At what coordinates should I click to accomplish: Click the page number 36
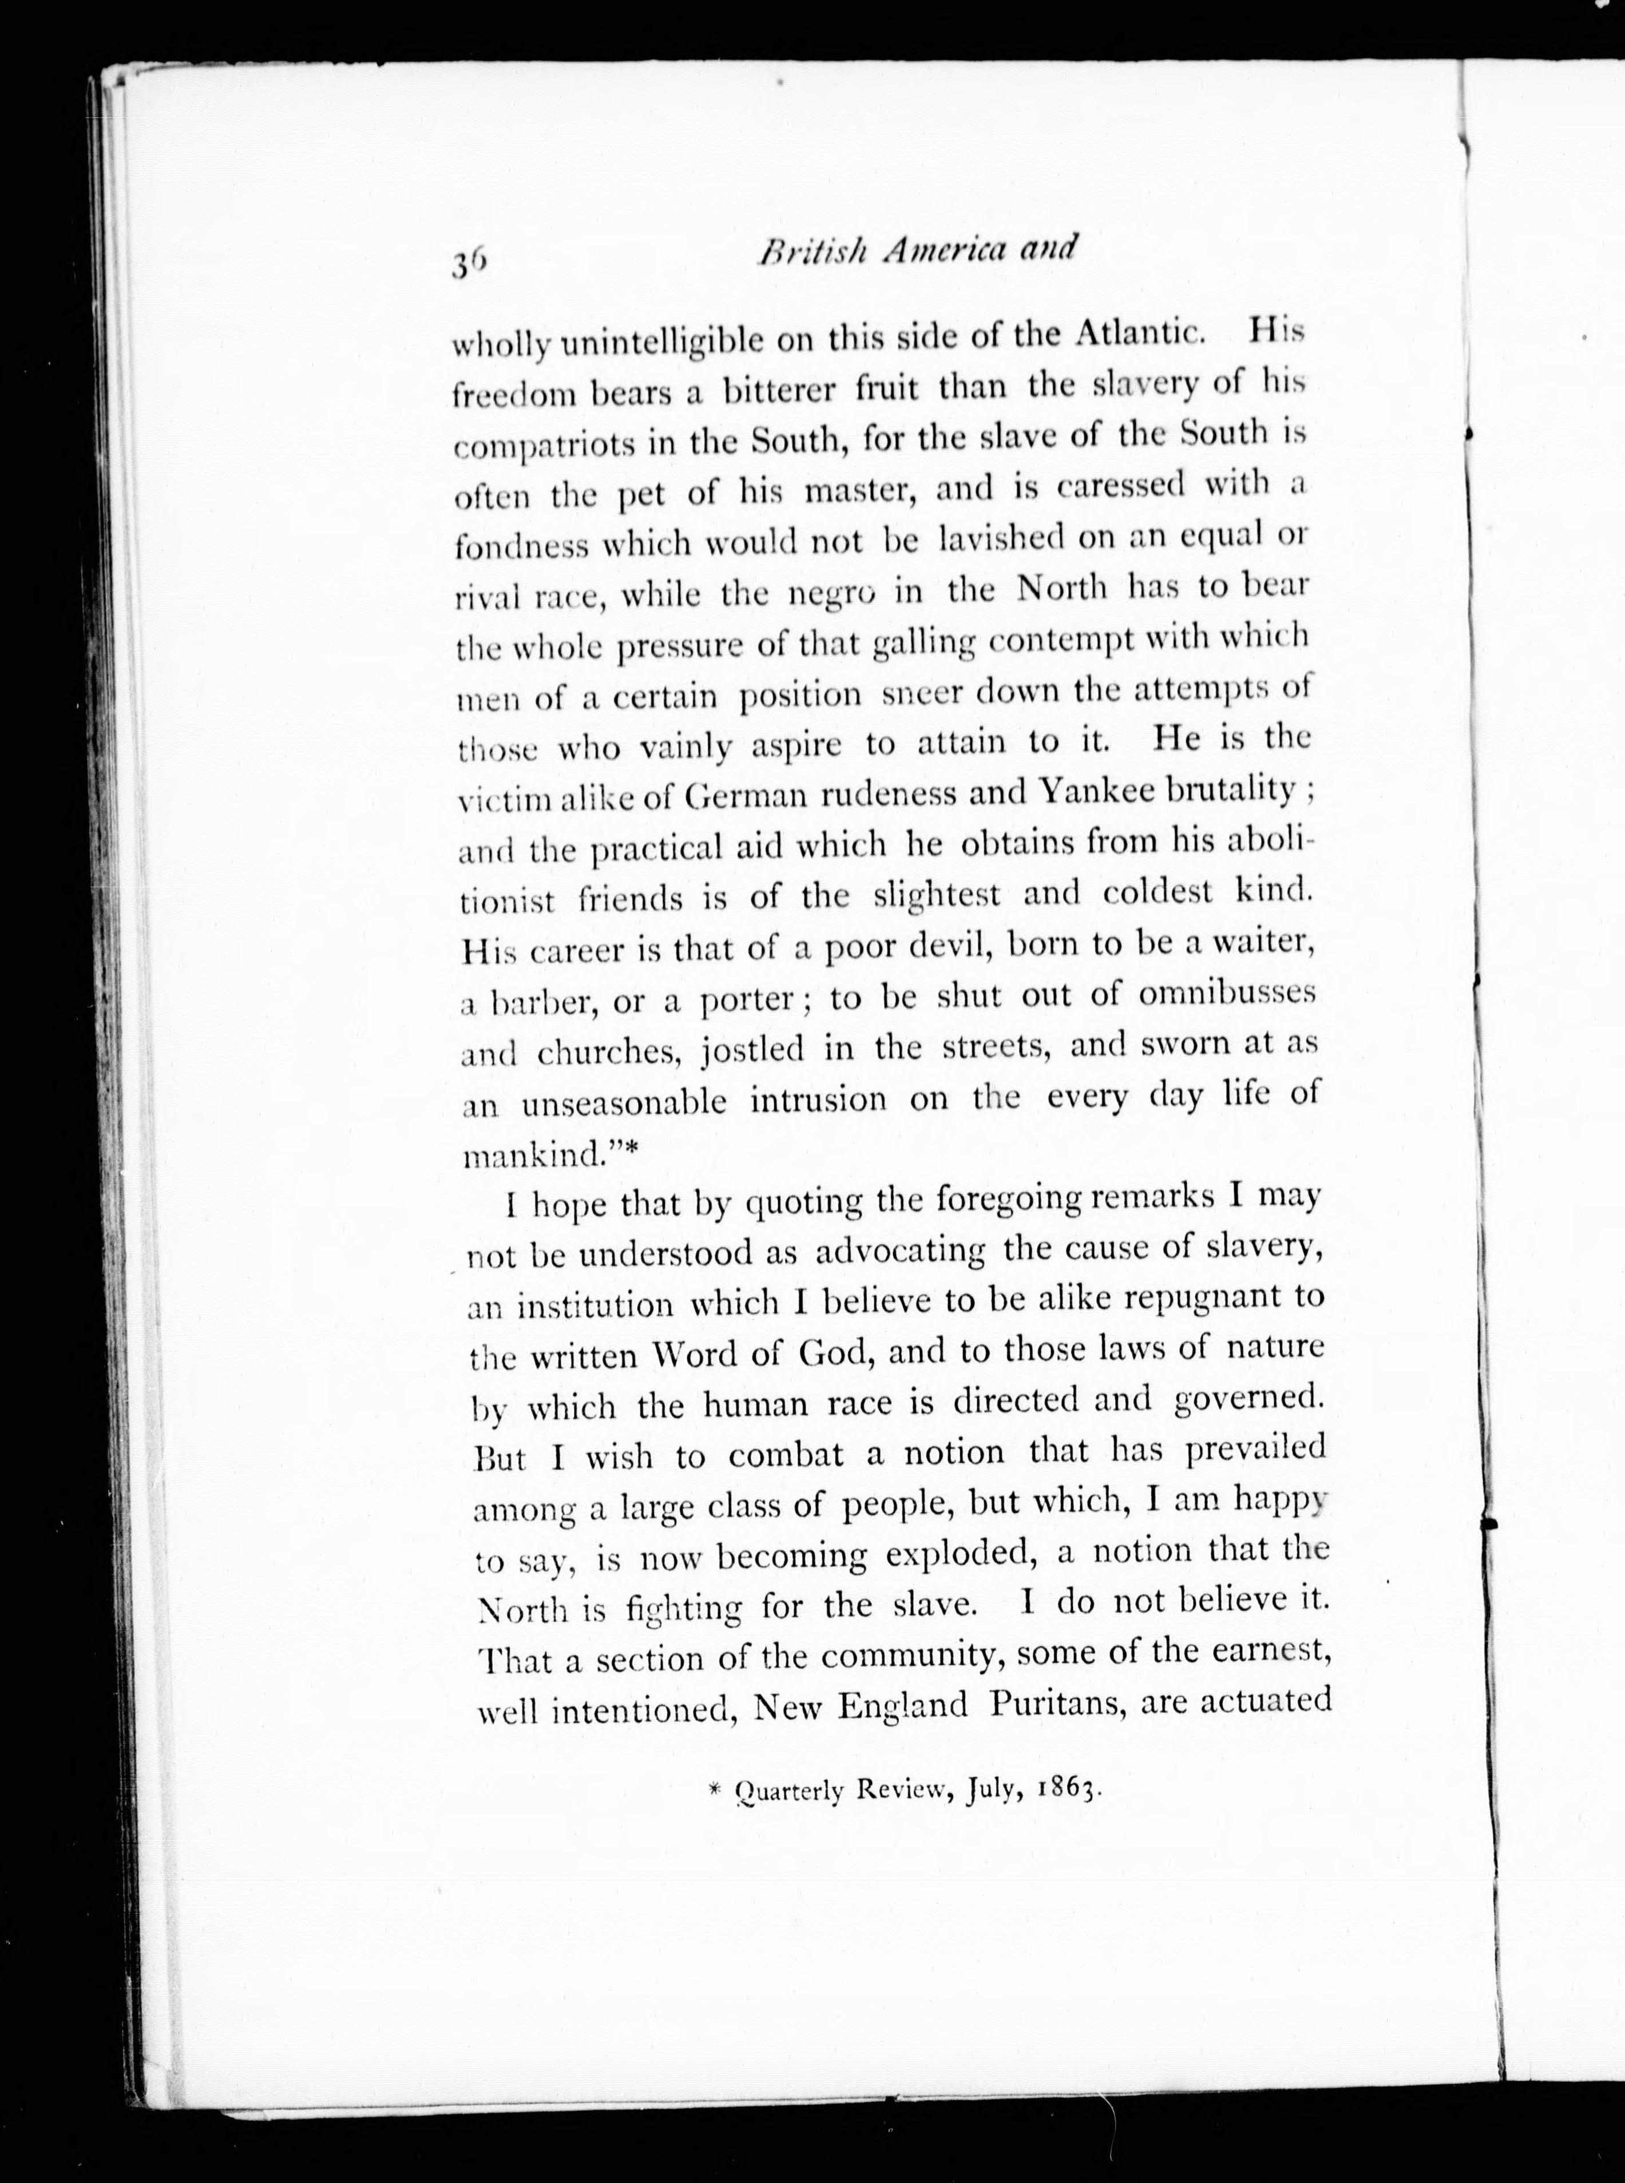pyautogui.click(x=467, y=264)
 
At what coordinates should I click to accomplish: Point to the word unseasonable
pyautogui.click(x=624, y=1102)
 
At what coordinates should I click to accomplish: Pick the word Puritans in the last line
pyautogui.click(x=1056, y=1704)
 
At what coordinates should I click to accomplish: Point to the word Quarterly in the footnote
pyautogui.click(x=790, y=1792)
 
